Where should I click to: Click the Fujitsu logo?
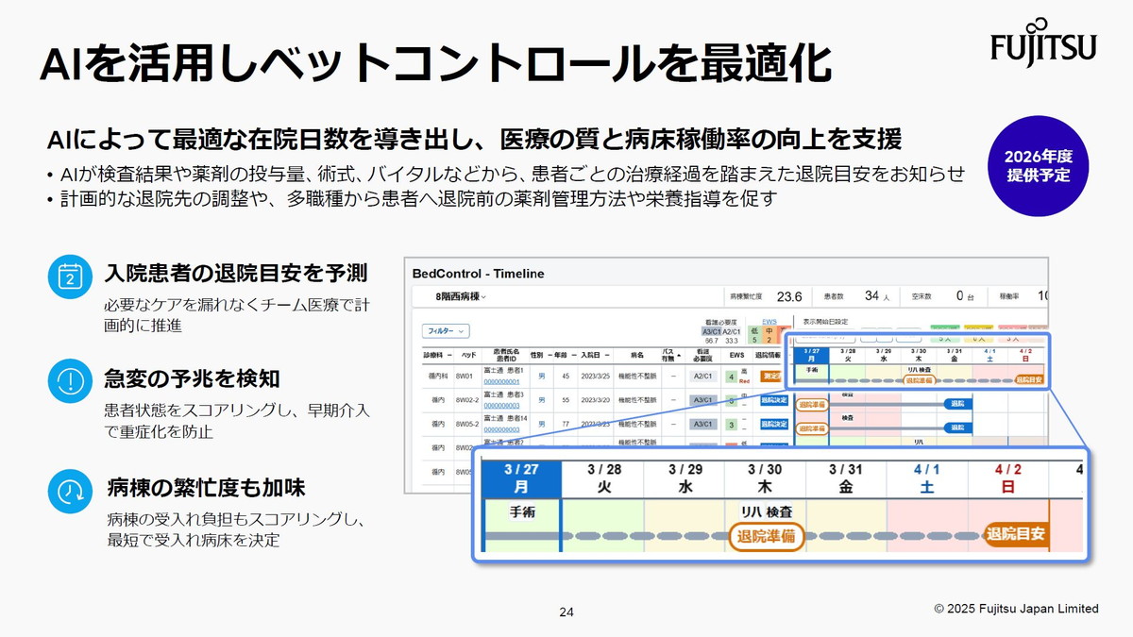click(1042, 41)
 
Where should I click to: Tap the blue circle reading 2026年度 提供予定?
click(1038, 165)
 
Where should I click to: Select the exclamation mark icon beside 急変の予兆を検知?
click(69, 379)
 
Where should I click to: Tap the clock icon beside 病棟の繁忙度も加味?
click(69, 490)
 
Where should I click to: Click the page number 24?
click(566, 612)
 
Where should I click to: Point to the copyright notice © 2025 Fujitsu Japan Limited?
click(1016, 609)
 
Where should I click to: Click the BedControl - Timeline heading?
click(479, 274)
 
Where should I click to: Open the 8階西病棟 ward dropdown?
click(462, 296)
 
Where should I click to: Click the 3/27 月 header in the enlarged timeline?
click(521, 478)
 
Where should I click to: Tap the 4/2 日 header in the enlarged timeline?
click(1007, 478)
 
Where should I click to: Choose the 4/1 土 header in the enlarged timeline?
click(927, 478)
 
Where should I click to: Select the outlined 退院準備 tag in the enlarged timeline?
click(766, 536)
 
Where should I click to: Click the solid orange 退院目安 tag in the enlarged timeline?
click(1015, 534)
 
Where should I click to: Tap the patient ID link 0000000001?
click(501, 381)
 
